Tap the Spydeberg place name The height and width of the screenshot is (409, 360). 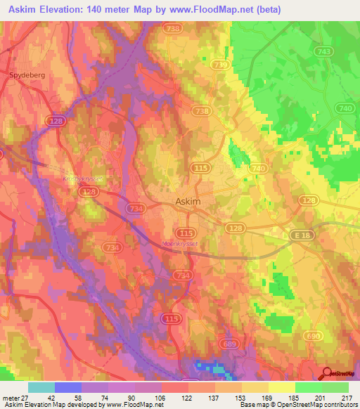tap(26, 72)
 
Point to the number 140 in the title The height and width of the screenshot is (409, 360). tap(110, 10)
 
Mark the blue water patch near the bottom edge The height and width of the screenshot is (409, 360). tap(209, 367)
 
